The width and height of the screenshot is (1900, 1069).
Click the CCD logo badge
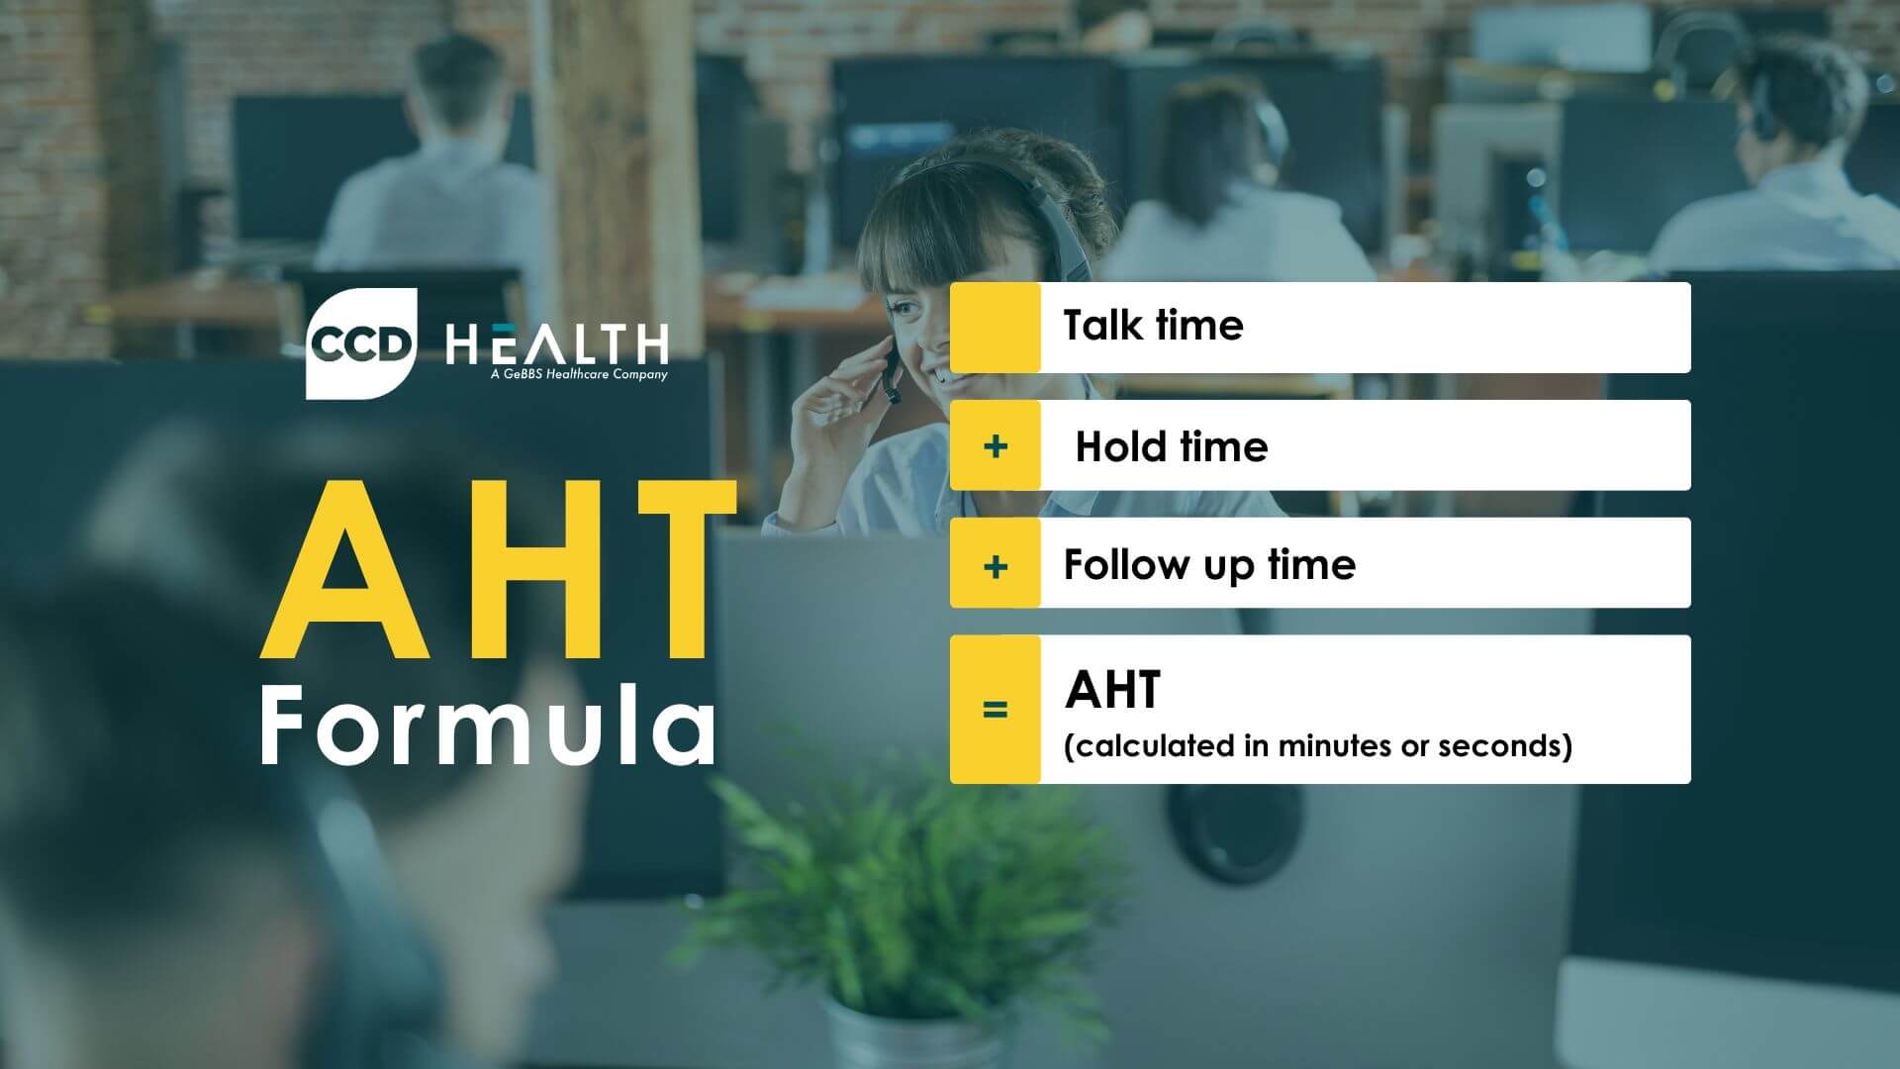click(360, 343)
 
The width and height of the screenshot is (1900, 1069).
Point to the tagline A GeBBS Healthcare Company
click(579, 375)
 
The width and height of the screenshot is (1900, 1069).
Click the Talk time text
click(1153, 326)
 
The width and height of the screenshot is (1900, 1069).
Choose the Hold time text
click(1171, 446)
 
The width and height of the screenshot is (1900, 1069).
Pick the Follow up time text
click(1209, 564)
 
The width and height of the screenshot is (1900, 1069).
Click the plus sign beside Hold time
click(996, 446)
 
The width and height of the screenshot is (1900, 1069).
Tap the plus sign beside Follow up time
click(996, 566)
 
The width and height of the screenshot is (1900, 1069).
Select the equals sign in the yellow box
click(996, 710)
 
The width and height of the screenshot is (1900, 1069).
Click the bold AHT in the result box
click(1112, 690)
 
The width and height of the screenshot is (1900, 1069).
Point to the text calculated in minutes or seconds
click(1317, 745)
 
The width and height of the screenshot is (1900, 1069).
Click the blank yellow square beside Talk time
click(996, 328)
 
